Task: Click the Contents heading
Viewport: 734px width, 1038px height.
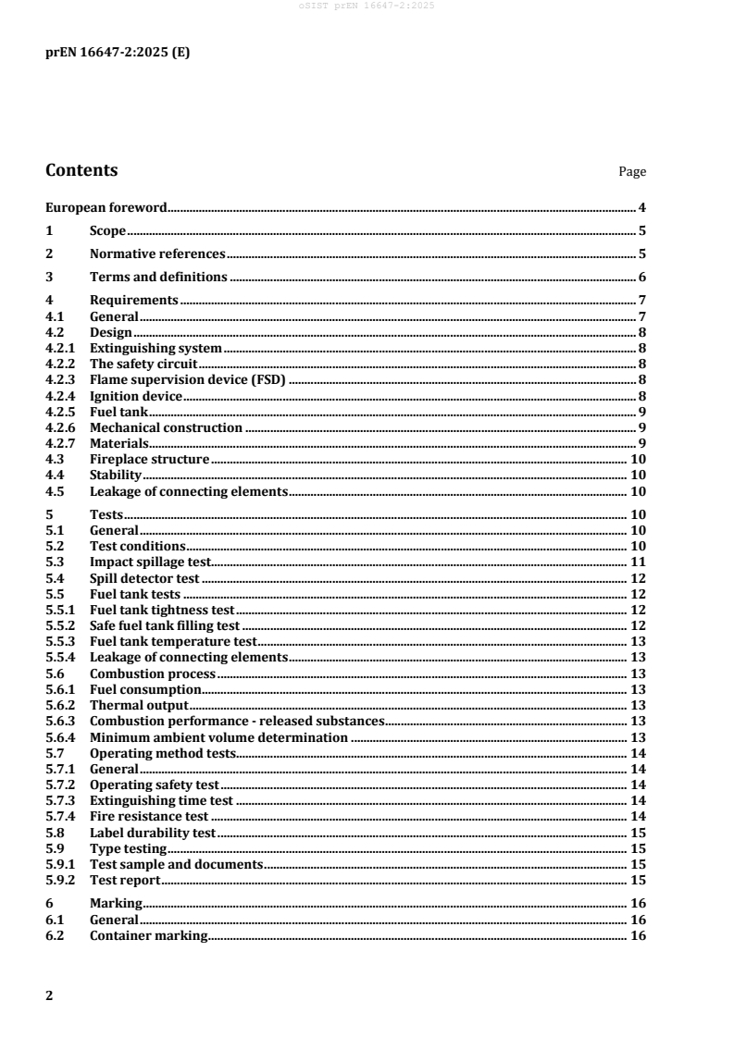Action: (x=81, y=171)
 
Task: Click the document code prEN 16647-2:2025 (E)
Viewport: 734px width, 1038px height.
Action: (x=118, y=52)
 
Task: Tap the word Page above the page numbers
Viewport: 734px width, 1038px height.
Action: (x=632, y=172)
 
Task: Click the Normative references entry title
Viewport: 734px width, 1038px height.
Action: (x=157, y=253)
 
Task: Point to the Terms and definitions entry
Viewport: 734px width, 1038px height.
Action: (x=158, y=277)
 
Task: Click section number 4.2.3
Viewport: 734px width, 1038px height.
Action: (x=62, y=379)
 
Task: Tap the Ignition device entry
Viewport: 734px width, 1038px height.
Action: (x=136, y=396)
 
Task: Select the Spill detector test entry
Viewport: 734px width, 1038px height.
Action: (x=144, y=578)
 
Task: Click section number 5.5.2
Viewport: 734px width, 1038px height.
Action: (x=62, y=625)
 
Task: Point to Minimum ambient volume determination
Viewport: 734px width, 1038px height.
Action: (x=218, y=737)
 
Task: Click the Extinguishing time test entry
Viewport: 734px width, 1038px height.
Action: (x=161, y=800)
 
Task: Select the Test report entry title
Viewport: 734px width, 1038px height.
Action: (x=125, y=880)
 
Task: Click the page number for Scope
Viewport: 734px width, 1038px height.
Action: (x=641, y=231)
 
